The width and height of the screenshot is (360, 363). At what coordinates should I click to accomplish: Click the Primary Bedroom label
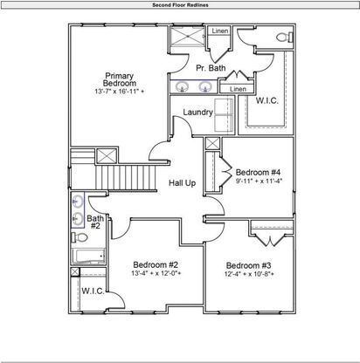[120, 79]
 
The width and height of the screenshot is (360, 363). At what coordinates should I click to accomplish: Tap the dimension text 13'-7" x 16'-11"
[120, 92]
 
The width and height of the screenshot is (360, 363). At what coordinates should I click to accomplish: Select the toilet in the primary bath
[285, 38]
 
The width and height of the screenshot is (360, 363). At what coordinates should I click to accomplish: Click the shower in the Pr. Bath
[187, 36]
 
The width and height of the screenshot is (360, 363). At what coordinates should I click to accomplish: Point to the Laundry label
[198, 112]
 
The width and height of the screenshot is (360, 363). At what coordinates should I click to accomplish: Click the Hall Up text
[183, 183]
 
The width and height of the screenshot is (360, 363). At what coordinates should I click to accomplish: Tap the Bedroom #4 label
[258, 172]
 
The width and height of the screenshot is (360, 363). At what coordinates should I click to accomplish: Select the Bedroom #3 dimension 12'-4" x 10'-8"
[249, 274]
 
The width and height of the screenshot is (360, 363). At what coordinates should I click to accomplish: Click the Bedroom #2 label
[156, 264]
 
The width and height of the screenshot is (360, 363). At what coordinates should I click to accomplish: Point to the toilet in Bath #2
[80, 237]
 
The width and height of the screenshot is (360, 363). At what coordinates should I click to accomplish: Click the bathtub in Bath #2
[88, 257]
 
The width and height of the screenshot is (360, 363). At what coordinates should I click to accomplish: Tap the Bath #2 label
[95, 222]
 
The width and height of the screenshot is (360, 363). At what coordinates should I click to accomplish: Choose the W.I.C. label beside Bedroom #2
[93, 291]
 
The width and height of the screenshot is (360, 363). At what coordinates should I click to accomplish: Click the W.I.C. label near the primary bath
[267, 100]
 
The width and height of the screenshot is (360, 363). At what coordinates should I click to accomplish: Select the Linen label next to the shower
[220, 31]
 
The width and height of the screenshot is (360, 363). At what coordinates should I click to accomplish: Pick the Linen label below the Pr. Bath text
[238, 89]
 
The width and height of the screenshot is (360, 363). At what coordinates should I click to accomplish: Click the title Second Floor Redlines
[180, 5]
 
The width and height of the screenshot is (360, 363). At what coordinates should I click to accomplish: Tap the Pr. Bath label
[211, 68]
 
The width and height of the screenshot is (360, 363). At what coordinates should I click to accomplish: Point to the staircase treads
[127, 177]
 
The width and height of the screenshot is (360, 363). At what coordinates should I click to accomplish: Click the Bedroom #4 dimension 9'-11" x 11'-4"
[259, 181]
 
